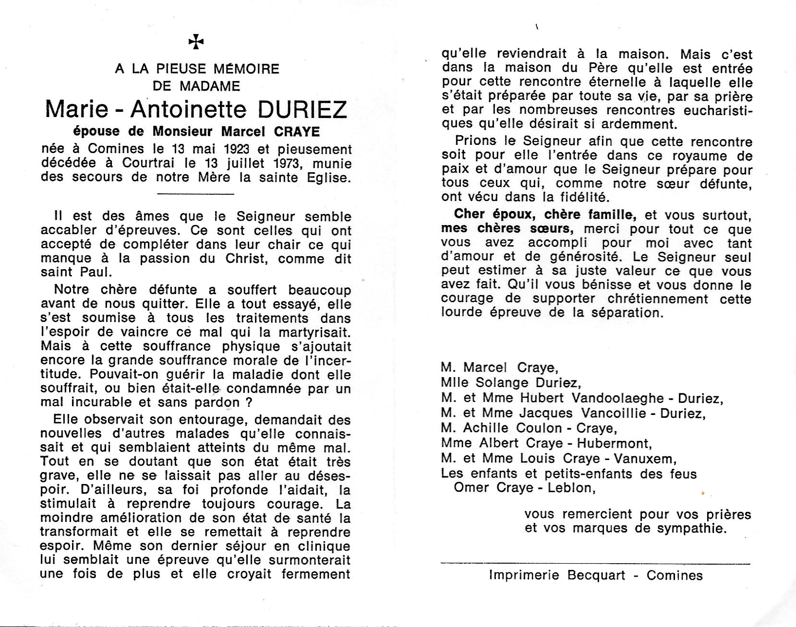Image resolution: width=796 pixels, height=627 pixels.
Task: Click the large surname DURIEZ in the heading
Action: point(302,109)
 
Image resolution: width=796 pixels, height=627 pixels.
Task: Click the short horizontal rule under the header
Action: point(196,194)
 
